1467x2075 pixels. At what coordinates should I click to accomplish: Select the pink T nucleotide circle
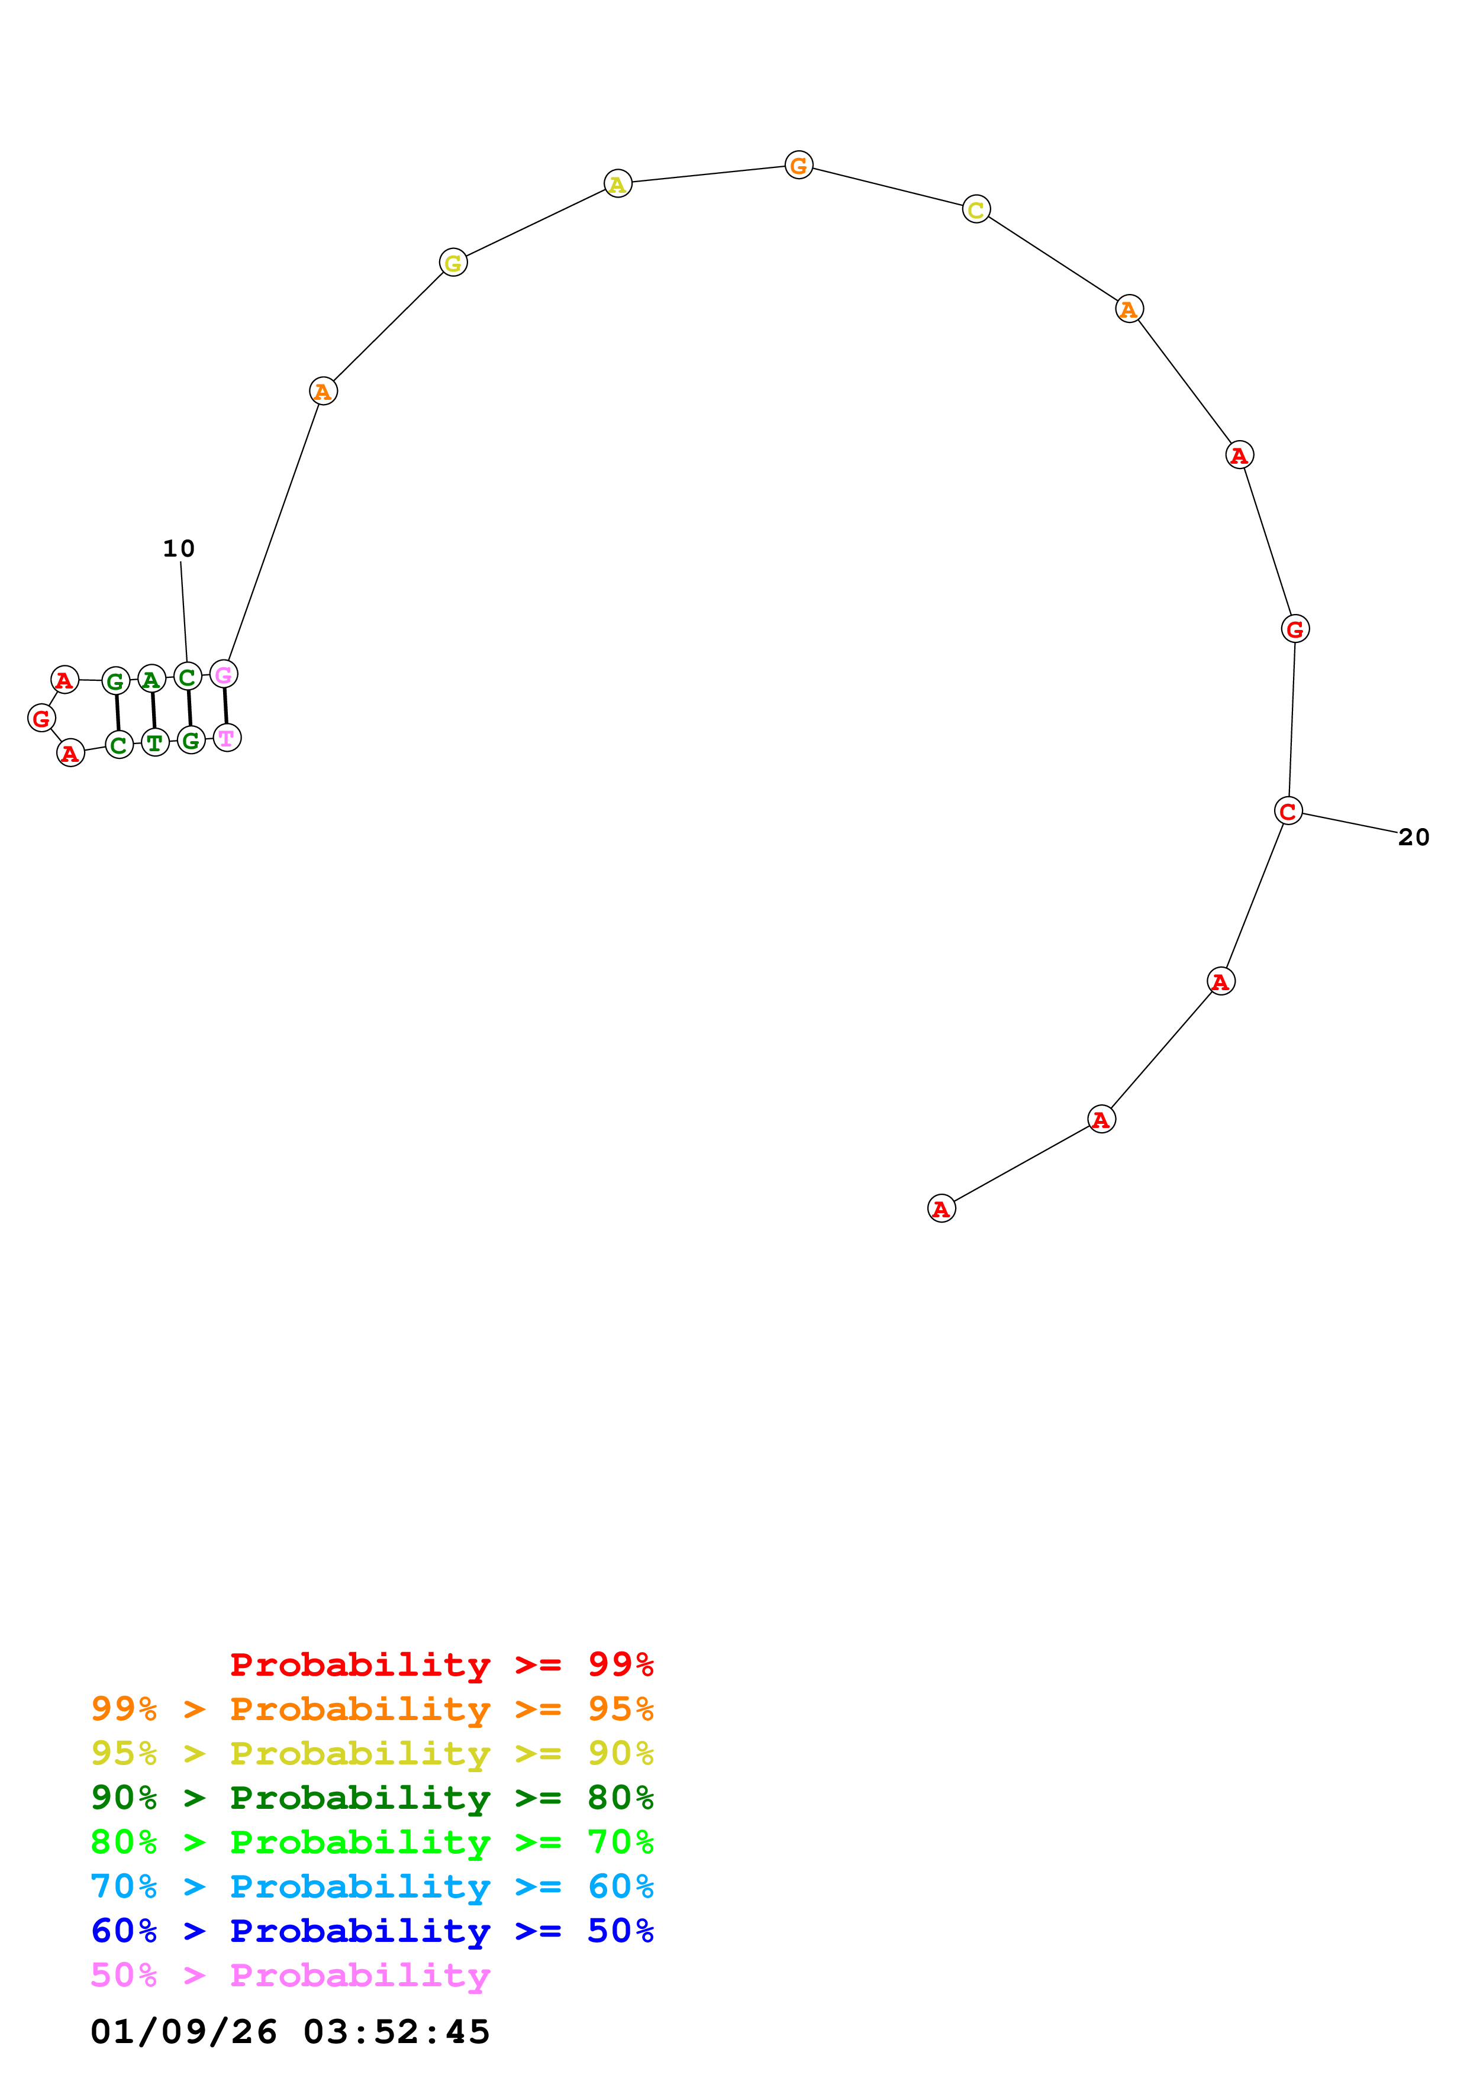click(227, 738)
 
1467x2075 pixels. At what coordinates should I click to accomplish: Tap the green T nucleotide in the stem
click(156, 743)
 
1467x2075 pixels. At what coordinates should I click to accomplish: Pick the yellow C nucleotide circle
click(976, 209)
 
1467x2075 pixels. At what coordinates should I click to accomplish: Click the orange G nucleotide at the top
click(798, 166)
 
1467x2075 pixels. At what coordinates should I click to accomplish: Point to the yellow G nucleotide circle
click(453, 263)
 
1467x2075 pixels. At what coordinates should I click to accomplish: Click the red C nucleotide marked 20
click(1288, 812)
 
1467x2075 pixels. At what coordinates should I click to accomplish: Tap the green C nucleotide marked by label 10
click(187, 676)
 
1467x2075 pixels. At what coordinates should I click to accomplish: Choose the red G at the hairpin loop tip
click(41, 719)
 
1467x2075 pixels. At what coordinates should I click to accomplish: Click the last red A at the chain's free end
click(941, 1208)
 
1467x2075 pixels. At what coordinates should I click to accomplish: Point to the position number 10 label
click(178, 548)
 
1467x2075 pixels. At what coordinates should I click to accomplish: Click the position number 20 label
click(1414, 838)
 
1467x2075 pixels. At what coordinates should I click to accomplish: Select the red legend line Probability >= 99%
click(441, 1664)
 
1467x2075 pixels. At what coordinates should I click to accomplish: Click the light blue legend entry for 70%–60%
click(372, 1886)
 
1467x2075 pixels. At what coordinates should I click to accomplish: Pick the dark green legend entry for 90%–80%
click(372, 1798)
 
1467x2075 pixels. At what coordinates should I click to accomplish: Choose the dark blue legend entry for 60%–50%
click(372, 1931)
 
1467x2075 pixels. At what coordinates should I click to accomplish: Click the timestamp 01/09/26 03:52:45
click(290, 2032)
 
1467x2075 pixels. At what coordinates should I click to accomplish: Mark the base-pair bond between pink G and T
click(225, 706)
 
